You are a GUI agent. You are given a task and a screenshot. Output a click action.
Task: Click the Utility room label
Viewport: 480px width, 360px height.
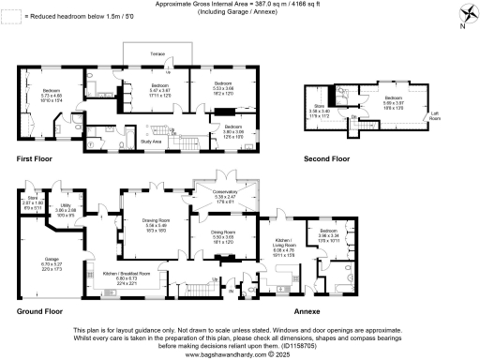click(x=69, y=207)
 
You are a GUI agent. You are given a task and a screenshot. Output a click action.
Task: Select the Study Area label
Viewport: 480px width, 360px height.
click(x=152, y=142)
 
